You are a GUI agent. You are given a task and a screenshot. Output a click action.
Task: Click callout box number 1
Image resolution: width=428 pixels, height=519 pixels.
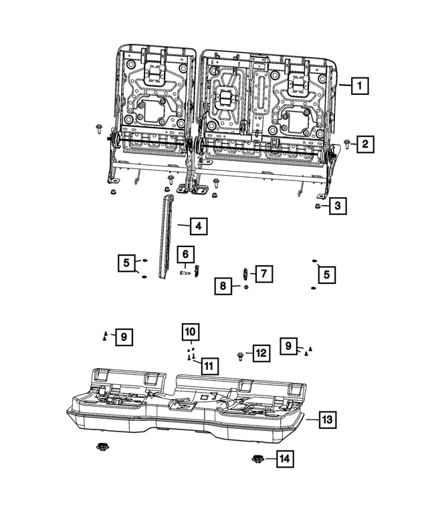(x=359, y=85)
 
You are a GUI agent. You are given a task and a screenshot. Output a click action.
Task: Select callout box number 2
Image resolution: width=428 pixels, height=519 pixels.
(x=365, y=143)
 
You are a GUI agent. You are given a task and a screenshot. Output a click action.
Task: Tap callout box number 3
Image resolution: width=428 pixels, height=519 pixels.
(x=338, y=206)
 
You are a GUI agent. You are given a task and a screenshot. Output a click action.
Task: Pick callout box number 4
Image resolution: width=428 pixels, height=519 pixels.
(x=197, y=226)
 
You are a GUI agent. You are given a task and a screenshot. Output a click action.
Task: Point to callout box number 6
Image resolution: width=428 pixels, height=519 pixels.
(x=187, y=254)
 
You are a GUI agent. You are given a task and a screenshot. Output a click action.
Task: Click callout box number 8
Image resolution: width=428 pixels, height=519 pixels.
(x=223, y=287)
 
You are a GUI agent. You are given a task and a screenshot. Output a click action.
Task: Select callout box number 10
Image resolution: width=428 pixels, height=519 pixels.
(x=191, y=331)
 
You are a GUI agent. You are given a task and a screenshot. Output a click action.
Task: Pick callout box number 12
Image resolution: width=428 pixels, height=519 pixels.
(x=259, y=353)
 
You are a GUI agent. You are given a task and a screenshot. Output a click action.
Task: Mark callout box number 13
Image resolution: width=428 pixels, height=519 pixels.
(x=327, y=420)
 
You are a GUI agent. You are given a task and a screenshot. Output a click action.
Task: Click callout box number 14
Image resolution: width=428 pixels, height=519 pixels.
(x=284, y=459)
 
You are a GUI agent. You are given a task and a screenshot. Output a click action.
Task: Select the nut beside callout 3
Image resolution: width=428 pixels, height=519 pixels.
(x=317, y=206)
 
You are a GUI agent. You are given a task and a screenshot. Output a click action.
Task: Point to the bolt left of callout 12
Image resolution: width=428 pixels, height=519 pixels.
(x=241, y=354)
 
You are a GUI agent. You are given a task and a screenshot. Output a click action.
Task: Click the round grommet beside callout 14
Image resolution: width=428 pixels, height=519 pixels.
(x=257, y=459)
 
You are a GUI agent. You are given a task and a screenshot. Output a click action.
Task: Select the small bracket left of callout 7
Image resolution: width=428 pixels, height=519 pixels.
(x=246, y=273)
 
